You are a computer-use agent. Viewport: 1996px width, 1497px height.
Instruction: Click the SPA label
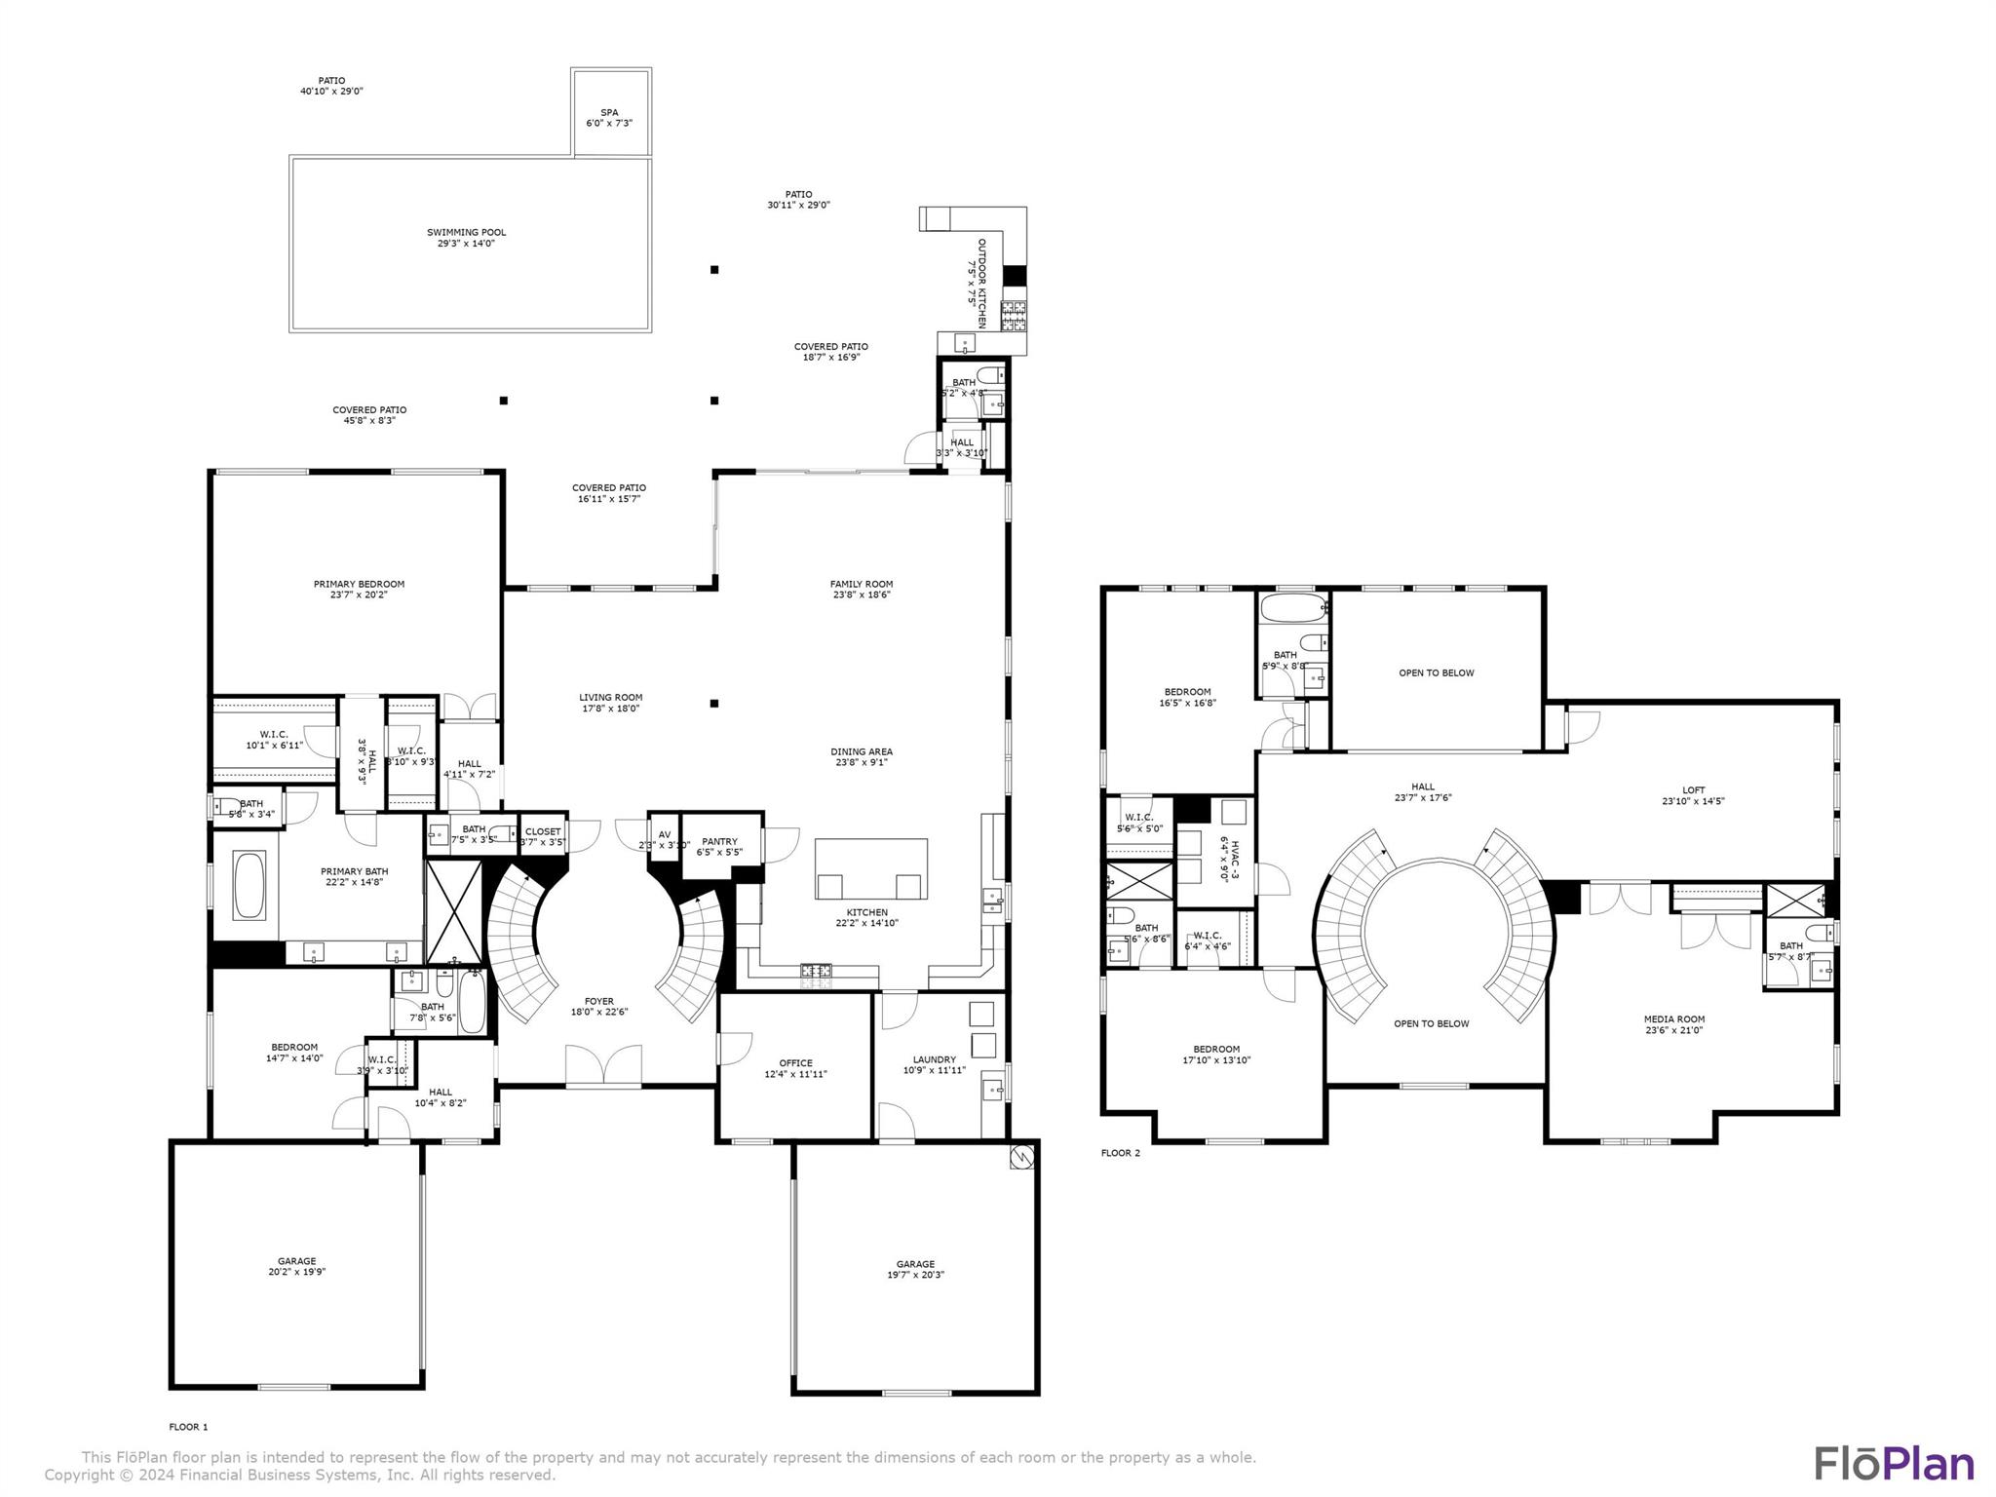tap(609, 112)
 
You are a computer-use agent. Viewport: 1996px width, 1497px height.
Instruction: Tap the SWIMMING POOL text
tap(466, 232)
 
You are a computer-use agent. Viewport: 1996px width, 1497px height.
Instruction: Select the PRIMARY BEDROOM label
tap(359, 584)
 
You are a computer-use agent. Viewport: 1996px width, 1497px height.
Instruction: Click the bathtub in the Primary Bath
tap(249, 885)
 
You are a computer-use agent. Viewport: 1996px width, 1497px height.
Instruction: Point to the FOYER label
tap(599, 1001)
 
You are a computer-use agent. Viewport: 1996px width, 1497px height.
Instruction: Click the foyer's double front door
tap(603, 1065)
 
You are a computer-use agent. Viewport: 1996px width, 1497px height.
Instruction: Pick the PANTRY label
tap(719, 841)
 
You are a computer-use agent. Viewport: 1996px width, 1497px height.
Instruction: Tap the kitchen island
tap(871, 867)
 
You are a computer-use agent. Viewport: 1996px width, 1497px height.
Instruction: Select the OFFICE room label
tap(795, 1063)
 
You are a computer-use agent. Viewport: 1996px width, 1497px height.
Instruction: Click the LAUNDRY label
tap(934, 1059)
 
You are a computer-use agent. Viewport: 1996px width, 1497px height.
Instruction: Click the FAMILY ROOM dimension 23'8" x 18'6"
tap(862, 595)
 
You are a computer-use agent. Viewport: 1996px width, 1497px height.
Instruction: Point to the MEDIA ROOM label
tap(1674, 1019)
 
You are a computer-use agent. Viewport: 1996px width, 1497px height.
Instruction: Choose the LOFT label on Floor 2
tap(1694, 790)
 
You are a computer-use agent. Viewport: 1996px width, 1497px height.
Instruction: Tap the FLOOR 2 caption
tap(1120, 1153)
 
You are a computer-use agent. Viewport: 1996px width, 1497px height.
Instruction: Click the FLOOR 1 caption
tap(188, 1427)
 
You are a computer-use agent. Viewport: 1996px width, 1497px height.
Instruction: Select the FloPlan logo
tap(1894, 1463)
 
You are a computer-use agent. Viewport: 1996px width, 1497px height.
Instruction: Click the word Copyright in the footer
tap(81, 1476)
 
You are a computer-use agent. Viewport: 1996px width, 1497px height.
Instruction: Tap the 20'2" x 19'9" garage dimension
tap(296, 1272)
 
